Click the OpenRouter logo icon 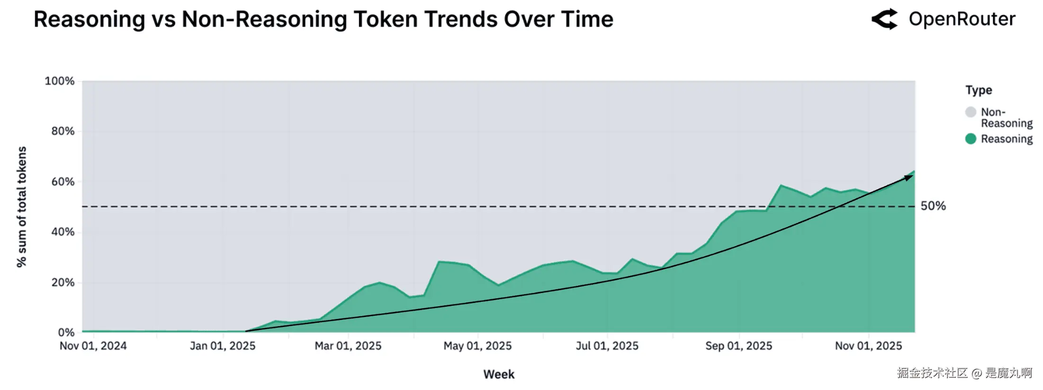(884, 19)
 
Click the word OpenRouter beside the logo (962, 19)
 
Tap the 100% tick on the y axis (60, 81)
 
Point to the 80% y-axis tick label (63, 131)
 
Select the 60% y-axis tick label (63, 182)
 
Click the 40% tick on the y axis (63, 232)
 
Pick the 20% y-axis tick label (63, 283)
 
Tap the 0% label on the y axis (66, 332)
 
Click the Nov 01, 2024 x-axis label (93, 346)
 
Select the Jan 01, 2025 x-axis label (223, 346)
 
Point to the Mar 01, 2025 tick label (348, 346)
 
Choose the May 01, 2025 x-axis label (477, 346)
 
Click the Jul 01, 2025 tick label (607, 346)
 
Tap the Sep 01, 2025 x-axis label (739, 346)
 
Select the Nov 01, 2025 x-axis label (869, 346)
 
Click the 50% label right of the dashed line (933, 206)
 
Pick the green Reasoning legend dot (971, 139)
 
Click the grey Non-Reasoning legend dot (971, 112)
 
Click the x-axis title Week (499, 374)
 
